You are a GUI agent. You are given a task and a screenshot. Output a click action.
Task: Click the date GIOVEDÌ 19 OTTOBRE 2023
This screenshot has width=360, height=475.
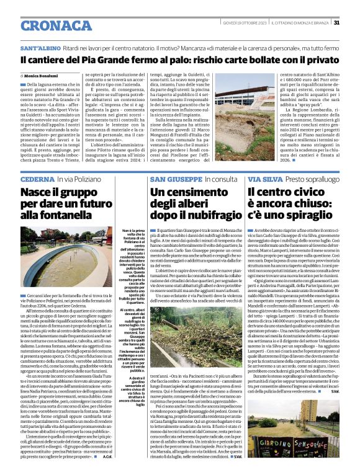tap(244, 22)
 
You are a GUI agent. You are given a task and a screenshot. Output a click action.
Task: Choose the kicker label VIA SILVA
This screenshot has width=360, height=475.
tap(266, 179)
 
